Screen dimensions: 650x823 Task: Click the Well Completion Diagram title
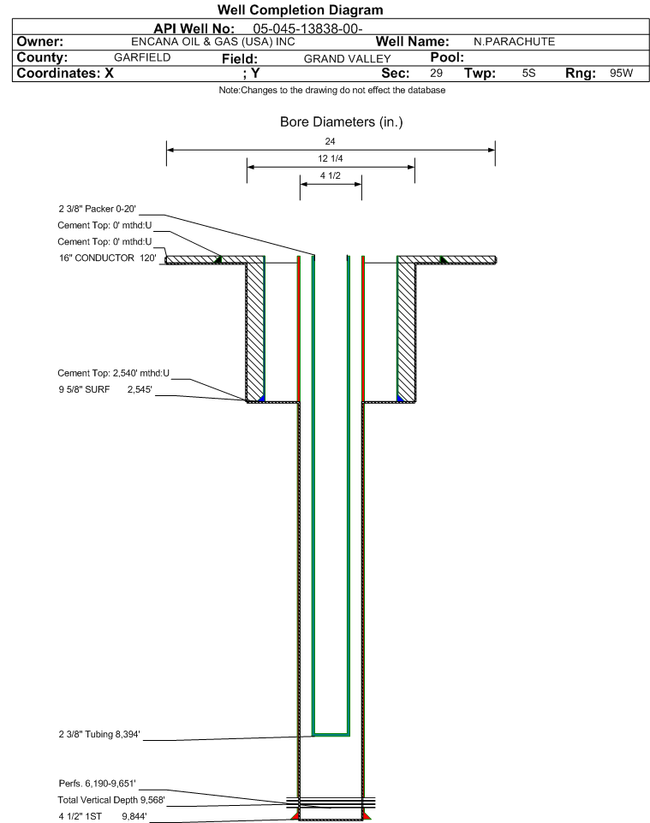[300, 9]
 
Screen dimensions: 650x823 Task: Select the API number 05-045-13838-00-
[307, 29]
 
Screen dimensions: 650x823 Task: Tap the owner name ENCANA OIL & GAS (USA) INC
[213, 42]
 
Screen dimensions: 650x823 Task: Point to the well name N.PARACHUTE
[514, 42]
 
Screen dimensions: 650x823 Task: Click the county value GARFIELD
[142, 57]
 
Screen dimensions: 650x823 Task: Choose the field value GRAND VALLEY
[347, 59]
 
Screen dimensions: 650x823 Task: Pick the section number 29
[436, 73]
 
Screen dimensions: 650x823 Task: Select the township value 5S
[528, 73]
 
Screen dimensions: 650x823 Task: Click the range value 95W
[621, 73]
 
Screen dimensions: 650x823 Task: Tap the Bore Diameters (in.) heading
[341, 122]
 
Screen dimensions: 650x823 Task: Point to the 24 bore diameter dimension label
[330, 141]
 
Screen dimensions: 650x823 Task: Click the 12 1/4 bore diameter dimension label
[330, 158]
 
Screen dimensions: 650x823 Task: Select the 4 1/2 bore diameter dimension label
[330, 176]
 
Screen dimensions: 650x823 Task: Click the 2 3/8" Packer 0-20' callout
[98, 209]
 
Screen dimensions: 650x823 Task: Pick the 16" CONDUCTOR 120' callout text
[107, 258]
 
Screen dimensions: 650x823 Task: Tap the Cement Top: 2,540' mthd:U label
[114, 373]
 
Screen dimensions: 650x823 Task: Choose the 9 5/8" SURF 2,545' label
[105, 389]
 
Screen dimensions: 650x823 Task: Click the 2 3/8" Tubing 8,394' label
[99, 734]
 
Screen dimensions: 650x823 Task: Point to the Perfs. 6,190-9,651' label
[98, 784]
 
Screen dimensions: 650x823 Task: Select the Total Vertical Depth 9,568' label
[111, 800]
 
